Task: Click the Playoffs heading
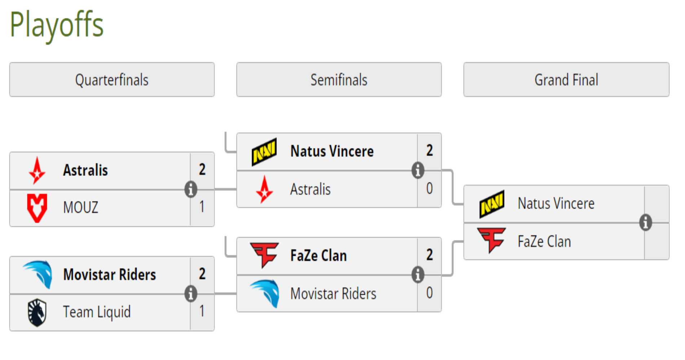coord(57,25)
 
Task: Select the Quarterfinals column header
coord(112,80)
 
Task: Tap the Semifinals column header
coord(339,80)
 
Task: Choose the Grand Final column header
coord(566,80)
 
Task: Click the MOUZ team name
coord(80,208)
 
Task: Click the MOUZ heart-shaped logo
coord(37,208)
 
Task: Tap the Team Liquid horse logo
coord(37,312)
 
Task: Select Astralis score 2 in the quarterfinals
coord(202,169)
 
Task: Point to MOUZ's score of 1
coord(202,207)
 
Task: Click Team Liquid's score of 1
coord(202,311)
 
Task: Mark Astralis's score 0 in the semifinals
coord(429,188)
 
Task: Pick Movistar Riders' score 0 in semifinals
coord(429,293)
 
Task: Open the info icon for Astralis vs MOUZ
coord(191,189)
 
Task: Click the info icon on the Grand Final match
coord(645,222)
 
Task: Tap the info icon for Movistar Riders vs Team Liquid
coord(191,293)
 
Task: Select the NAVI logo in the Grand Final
coord(492,204)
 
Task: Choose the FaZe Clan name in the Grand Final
coord(544,241)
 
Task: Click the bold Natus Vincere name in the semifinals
coord(332,151)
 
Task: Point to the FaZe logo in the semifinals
coord(264,255)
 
